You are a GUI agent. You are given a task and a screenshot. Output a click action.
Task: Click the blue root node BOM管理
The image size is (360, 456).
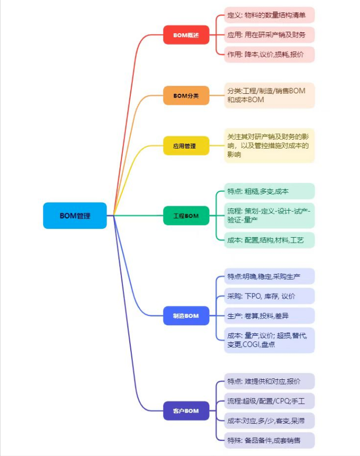pos(75,216)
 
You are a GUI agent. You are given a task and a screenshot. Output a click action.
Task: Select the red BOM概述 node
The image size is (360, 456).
pos(186,35)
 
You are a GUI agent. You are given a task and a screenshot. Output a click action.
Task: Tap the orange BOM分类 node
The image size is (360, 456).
pos(186,95)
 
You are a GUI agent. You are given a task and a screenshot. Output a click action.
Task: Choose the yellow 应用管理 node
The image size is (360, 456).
pos(186,146)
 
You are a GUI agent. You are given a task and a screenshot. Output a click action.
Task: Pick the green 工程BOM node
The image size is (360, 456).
pos(186,216)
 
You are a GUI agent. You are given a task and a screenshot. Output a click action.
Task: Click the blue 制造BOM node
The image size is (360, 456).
pos(186,315)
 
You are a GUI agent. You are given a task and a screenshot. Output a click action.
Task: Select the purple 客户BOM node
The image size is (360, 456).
pos(186,411)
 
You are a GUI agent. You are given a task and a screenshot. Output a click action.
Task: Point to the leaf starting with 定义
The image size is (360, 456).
pos(269,15)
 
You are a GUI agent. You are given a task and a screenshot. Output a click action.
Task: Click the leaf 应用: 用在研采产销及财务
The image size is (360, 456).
pos(269,34)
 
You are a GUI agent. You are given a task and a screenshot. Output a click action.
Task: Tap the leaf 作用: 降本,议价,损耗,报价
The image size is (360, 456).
pos(269,54)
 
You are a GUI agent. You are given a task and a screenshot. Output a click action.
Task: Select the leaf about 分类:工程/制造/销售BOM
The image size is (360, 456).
pos(269,95)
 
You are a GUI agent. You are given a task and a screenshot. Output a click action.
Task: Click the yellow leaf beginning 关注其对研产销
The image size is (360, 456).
pos(269,145)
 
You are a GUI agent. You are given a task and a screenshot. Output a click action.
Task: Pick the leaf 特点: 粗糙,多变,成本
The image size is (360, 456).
pos(269,191)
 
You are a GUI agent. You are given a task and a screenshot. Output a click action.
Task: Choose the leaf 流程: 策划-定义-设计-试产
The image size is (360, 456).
pos(269,216)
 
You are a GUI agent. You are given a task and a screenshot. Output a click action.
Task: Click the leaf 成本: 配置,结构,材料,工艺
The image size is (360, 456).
pos(269,240)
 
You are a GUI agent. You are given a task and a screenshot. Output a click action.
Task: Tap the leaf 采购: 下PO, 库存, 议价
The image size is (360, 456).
pos(269,296)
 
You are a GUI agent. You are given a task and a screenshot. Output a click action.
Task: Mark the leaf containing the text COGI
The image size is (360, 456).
pos(269,340)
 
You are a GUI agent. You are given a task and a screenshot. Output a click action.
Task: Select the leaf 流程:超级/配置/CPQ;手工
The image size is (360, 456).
pos(269,401)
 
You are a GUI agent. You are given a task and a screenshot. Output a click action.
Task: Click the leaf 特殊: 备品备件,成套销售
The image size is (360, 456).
pos(269,440)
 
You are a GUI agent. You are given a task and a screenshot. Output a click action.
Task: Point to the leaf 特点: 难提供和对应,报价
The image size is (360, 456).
pos(269,381)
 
